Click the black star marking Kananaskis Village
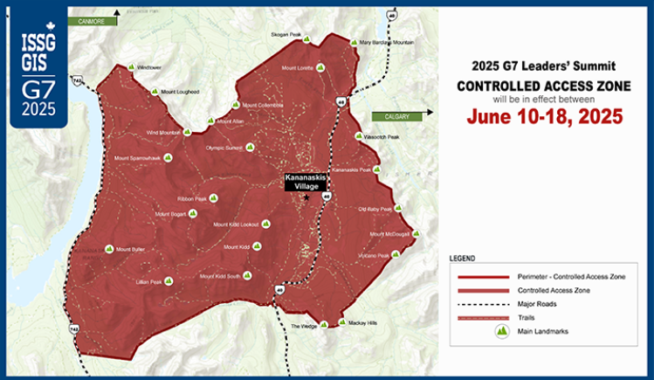(x=306, y=197)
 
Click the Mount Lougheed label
(x=181, y=91)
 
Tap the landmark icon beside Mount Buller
(x=109, y=249)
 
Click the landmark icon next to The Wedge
(x=323, y=326)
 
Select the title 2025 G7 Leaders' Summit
(x=543, y=66)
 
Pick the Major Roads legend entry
(x=536, y=303)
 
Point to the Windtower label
(x=148, y=66)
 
